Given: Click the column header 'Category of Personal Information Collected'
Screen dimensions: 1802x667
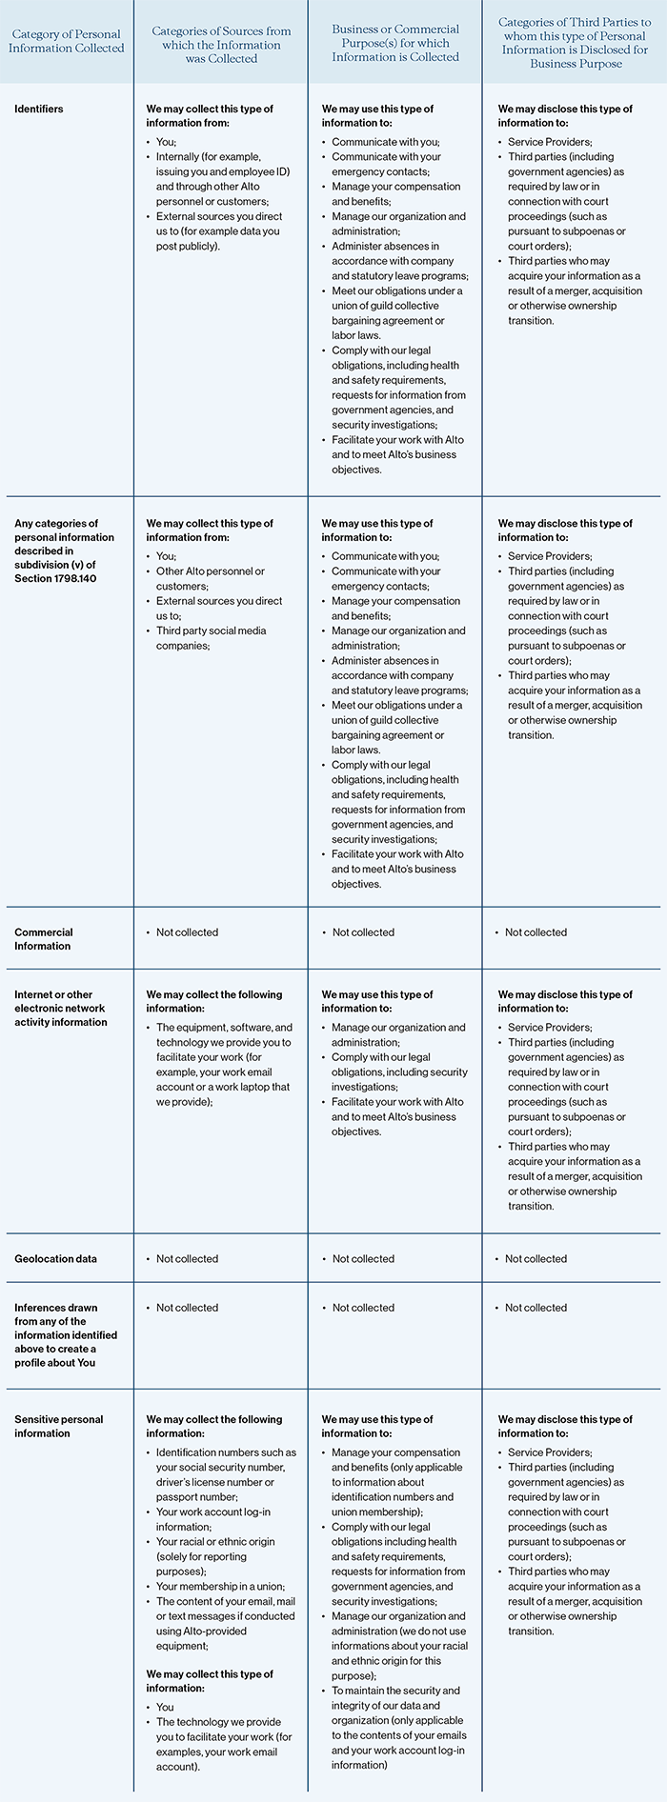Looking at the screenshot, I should pos(67,41).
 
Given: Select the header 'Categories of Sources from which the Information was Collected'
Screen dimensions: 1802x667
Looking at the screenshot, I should pos(221,45).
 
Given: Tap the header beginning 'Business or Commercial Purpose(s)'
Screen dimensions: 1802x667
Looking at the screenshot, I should pos(395,43).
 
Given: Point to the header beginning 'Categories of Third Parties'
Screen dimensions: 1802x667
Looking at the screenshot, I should pos(575,43).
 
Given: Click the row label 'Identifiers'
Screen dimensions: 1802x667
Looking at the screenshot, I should pos(39,109).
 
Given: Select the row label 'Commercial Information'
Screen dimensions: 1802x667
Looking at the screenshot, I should pos(43,939).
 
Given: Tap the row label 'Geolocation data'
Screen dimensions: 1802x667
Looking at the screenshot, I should pos(55,1258).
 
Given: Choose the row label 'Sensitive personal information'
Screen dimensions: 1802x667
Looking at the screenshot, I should pos(58,1426).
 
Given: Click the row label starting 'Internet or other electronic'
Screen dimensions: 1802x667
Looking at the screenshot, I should pos(59,1008).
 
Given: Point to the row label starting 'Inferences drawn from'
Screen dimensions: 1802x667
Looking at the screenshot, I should pos(56,1334).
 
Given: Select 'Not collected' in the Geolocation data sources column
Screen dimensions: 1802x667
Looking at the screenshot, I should pos(187,1258).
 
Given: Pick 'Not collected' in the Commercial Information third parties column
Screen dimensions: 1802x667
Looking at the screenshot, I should pos(536,932).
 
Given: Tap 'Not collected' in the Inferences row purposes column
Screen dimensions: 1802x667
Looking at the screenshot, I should pos(363,1308).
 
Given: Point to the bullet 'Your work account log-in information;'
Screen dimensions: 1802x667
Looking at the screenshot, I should pos(212,1519).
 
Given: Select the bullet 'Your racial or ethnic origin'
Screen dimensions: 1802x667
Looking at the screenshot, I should pos(215,1541).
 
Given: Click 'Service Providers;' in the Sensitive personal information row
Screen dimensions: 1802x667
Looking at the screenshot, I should pos(550,1452).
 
